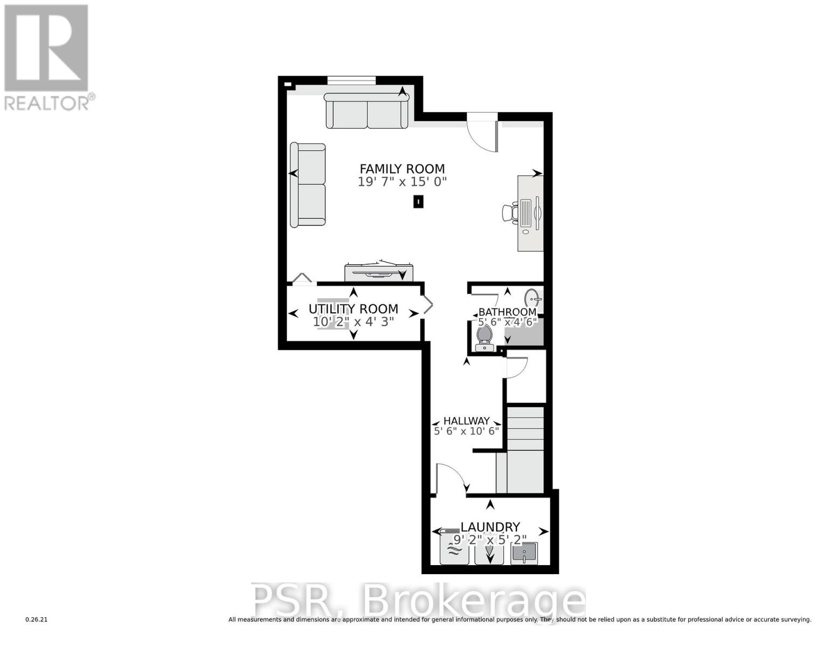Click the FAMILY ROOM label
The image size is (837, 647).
pyautogui.click(x=402, y=169)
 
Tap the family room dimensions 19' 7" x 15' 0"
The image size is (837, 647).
pyautogui.click(x=402, y=182)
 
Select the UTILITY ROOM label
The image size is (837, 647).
pyautogui.click(x=353, y=309)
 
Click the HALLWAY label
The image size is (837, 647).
pyautogui.click(x=466, y=421)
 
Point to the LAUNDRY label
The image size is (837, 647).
pyautogui.click(x=490, y=527)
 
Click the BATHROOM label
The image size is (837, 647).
pyautogui.click(x=507, y=312)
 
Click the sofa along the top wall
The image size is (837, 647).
pyautogui.click(x=367, y=111)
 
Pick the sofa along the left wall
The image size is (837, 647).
pyautogui.click(x=308, y=184)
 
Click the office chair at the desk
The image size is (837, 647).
pyautogui.click(x=510, y=212)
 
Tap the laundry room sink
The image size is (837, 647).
pyautogui.click(x=523, y=553)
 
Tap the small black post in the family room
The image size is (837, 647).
pyautogui.click(x=418, y=202)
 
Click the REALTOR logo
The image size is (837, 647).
pyautogui.click(x=46, y=57)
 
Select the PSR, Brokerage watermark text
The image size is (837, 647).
pyautogui.click(x=418, y=601)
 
